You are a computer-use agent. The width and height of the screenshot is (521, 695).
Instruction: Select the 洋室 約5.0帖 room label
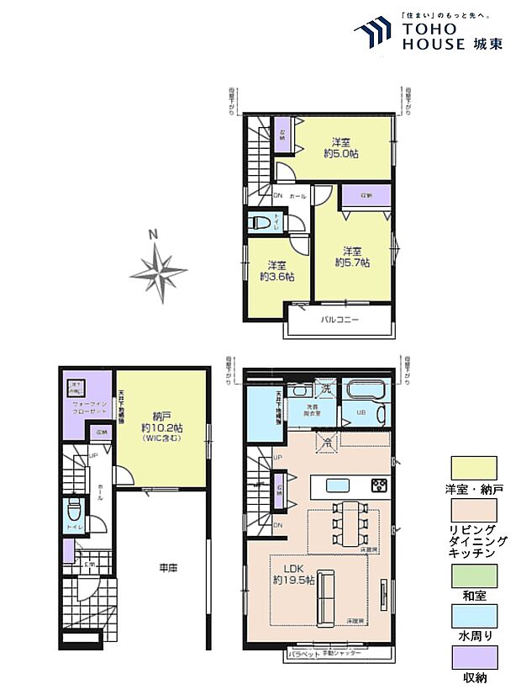click(340, 148)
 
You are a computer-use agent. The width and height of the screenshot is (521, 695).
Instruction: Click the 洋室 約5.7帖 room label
click(351, 256)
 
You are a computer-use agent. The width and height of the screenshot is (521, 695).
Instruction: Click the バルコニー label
click(340, 321)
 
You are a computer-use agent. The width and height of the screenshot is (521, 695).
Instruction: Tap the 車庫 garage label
click(168, 569)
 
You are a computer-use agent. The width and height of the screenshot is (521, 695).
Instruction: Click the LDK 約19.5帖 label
click(293, 575)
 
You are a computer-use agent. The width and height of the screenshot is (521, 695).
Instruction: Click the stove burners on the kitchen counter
click(379, 485)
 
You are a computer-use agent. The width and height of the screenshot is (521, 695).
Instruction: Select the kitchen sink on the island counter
click(338, 485)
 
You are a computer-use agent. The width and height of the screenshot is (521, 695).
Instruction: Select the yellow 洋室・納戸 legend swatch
click(474, 468)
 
